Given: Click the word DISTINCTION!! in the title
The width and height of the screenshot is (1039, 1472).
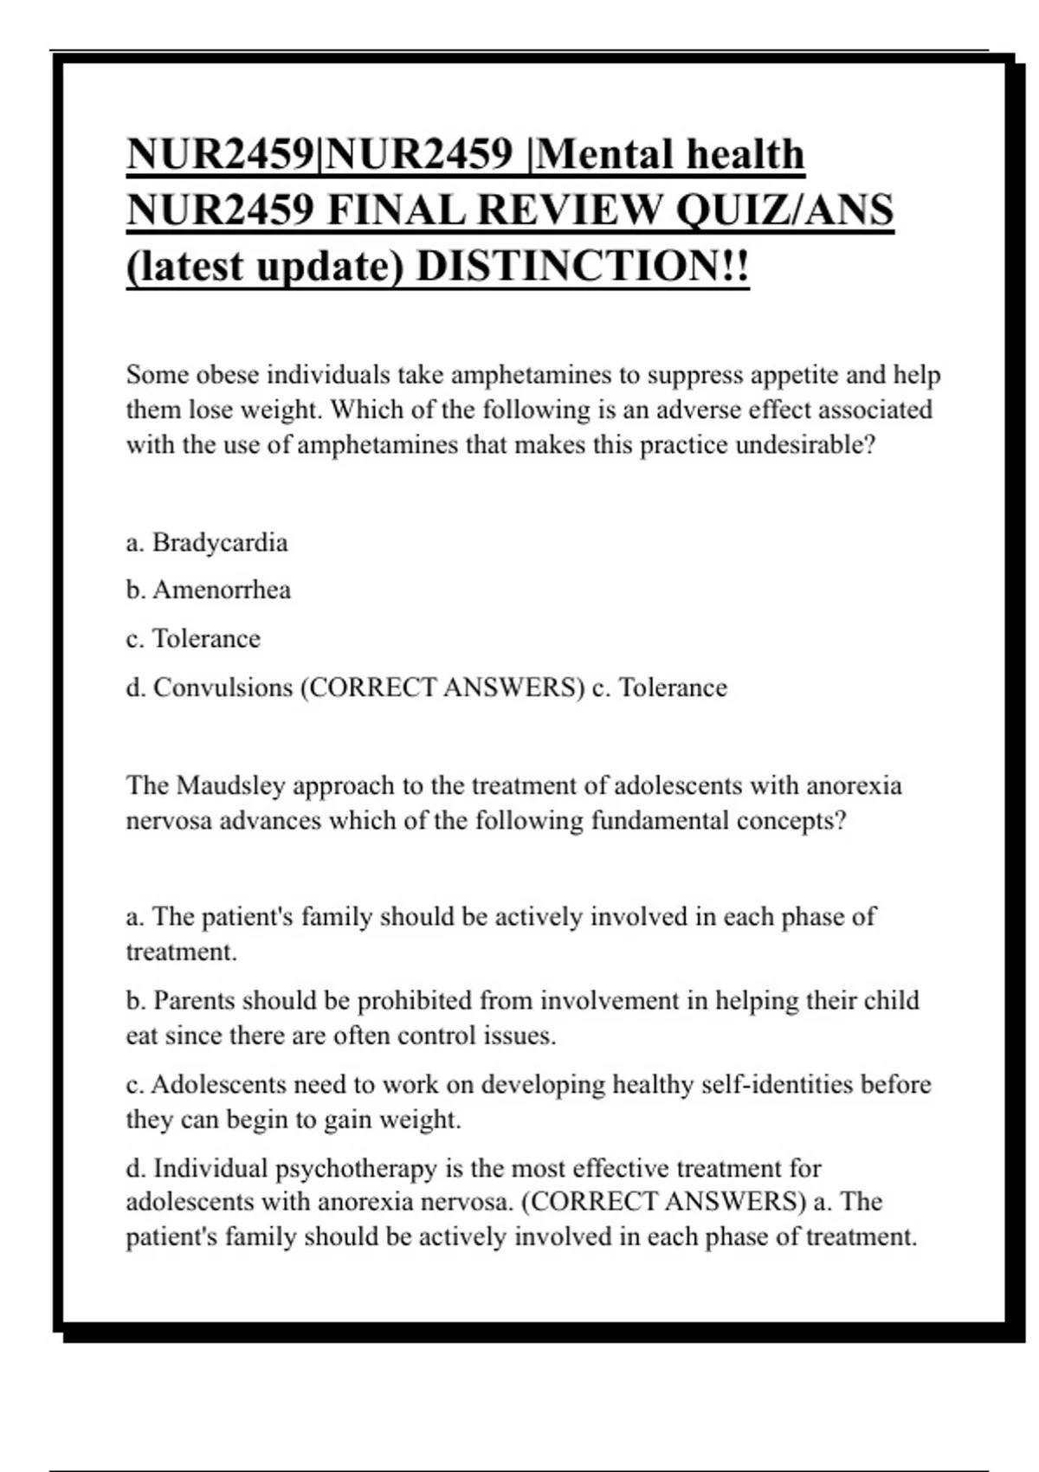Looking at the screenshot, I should (x=583, y=265).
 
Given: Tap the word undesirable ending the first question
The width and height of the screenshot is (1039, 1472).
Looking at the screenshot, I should (x=804, y=445).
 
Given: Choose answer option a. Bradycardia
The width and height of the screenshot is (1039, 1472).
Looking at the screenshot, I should (x=206, y=543).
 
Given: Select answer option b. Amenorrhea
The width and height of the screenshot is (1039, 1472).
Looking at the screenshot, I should (x=208, y=591).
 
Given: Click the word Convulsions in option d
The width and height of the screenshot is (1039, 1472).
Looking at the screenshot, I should (x=223, y=688).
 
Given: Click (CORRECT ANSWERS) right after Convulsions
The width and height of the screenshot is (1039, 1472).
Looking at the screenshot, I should (x=442, y=688).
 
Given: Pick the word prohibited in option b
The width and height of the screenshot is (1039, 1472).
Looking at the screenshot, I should (x=414, y=1001).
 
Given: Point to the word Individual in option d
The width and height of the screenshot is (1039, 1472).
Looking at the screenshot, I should (x=210, y=1169).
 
